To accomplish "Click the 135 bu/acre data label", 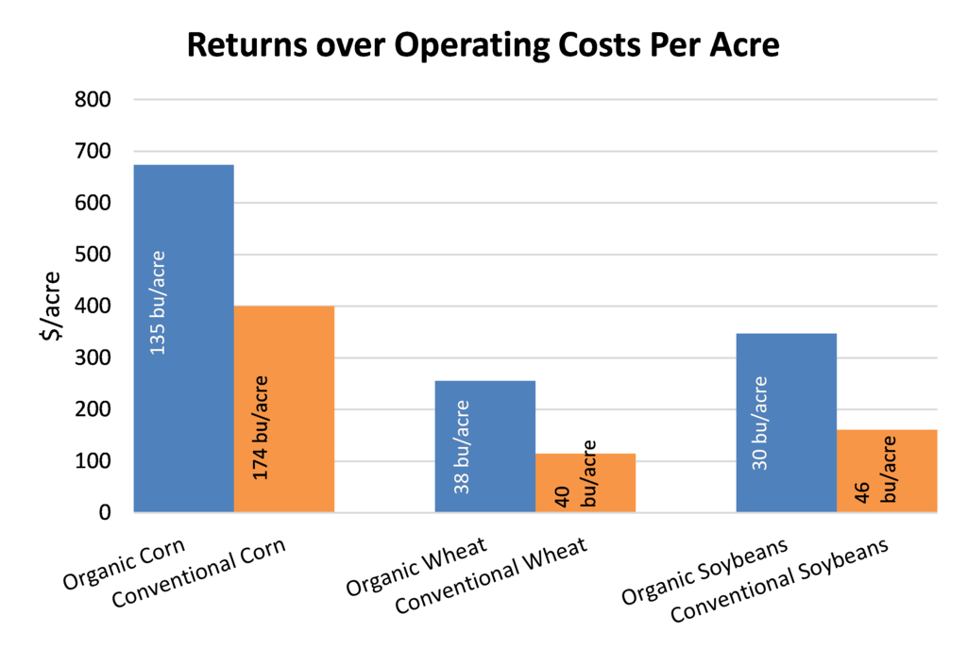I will pos(157,303).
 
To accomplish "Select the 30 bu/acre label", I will pos(760,424).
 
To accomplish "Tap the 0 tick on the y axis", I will pos(105,513).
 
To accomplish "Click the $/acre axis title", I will pos(53,306).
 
